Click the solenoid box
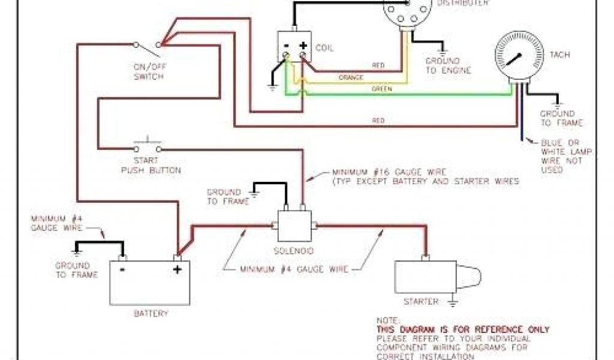coord(294,226)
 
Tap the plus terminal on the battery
coord(177,269)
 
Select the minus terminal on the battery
coord(122,269)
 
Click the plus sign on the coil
coord(303,46)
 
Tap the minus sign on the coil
coord(287,46)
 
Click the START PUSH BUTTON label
coord(151,166)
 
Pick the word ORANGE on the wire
coord(351,77)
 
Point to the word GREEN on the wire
coord(381,89)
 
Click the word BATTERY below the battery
coord(151,313)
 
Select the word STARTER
coord(421,301)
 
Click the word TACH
coord(559,55)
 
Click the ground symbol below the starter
coord(453,302)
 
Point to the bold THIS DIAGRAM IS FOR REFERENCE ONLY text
coord(462,329)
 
